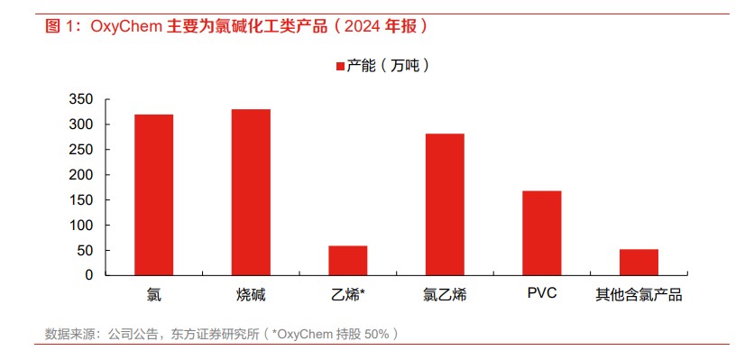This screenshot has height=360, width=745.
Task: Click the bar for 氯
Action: point(153,195)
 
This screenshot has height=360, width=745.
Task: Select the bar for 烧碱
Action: point(251,192)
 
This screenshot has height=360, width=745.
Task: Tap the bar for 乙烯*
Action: point(348,261)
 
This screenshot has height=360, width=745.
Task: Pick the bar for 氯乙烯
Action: point(445,205)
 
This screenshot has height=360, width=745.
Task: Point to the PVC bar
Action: point(542,233)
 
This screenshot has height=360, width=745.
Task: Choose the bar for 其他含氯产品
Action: point(639,262)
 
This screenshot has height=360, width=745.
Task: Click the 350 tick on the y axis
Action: point(81,99)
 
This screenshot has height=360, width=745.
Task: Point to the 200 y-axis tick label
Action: point(81,174)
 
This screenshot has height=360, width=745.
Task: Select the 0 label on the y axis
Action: point(89,275)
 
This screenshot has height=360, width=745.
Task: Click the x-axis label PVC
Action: point(542,293)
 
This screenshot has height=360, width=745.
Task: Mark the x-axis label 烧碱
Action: point(251,295)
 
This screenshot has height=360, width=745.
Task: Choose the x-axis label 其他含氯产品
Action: point(639,295)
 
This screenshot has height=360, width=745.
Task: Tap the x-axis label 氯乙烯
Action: point(445,295)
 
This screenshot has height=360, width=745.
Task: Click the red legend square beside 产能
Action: point(340,67)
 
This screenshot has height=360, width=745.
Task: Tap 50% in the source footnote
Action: point(377,335)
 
